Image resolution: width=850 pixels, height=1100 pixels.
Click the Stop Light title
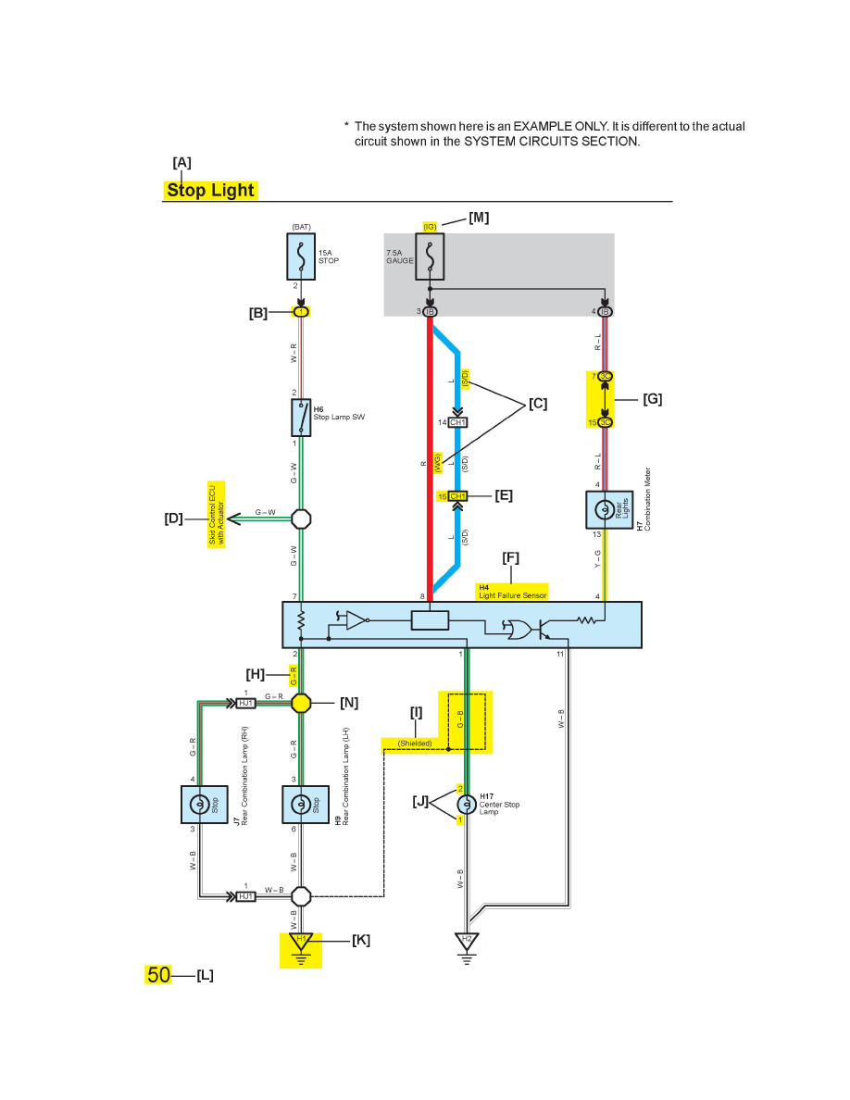click(x=210, y=191)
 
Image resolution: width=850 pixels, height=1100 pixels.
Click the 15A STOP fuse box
click(x=301, y=256)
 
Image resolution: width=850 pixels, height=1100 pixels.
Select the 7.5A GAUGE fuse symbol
click(x=430, y=256)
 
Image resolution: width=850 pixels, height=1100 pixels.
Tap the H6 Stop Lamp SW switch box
click(x=301, y=418)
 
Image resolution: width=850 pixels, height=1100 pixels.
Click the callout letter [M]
click(x=479, y=218)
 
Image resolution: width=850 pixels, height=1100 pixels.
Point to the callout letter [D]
click(x=173, y=519)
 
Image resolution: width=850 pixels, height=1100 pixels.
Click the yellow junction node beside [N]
click(x=301, y=703)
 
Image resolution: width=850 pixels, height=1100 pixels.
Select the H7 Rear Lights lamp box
click(x=604, y=510)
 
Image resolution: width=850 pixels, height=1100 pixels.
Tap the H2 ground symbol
click(x=468, y=943)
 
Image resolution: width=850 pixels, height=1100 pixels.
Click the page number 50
click(x=158, y=974)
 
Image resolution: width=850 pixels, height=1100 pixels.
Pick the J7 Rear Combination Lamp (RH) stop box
click(x=202, y=805)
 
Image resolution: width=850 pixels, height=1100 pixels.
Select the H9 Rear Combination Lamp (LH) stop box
click(x=305, y=805)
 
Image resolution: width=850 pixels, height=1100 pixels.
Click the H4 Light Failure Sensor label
click(x=512, y=592)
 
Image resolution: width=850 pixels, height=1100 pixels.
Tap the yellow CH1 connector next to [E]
click(x=456, y=496)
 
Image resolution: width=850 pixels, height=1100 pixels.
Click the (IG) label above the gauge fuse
click(x=430, y=227)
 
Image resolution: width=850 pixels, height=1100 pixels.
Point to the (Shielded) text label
click(x=415, y=743)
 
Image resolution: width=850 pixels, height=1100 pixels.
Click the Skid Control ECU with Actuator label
click(x=217, y=516)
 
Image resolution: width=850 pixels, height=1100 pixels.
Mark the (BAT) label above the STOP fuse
click(x=301, y=227)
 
